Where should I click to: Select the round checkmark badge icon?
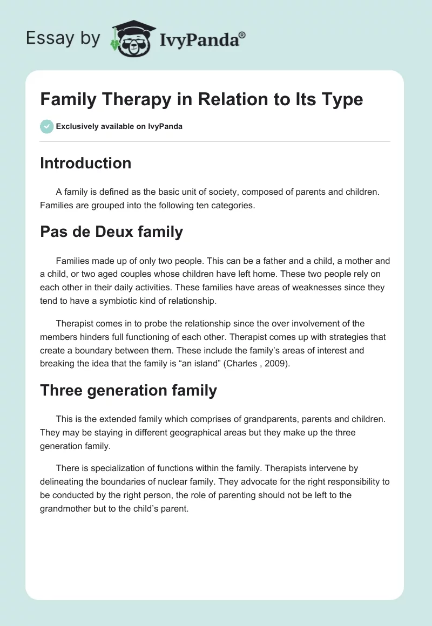pos(46,126)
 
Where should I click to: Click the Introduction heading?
pos(85,163)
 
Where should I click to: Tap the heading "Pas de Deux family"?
pos(111,232)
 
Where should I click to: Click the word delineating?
pos(64,482)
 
